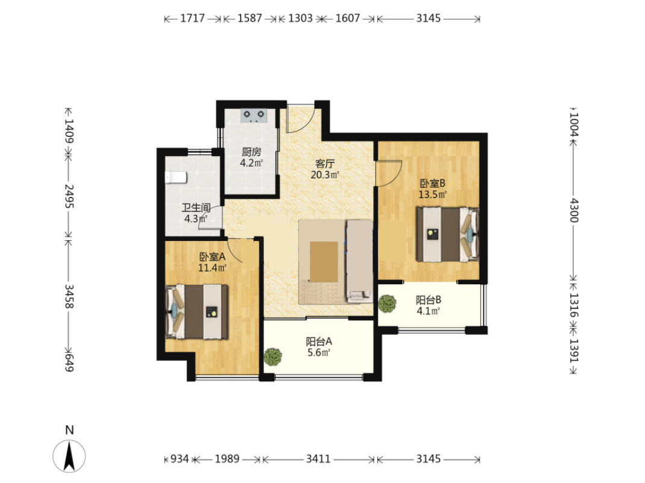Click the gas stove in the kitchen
point(253,115)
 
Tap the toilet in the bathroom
point(175,177)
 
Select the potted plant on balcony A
point(272,357)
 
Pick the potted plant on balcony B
point(387,304)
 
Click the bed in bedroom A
point(197,311)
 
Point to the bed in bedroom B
point(447,234)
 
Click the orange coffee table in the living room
point(324,262)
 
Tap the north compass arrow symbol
point(69,456)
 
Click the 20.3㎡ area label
point(324,175)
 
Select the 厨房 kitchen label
point(251,152)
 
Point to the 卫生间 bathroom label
point(197,208)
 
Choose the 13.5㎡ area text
point(432,195)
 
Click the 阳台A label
point(319,341)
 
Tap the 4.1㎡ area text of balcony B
point(428,311)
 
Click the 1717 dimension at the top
point(192,19)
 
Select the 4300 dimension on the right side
point(574,210)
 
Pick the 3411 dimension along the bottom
point(318,459)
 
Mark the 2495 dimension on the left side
point(69,196)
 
